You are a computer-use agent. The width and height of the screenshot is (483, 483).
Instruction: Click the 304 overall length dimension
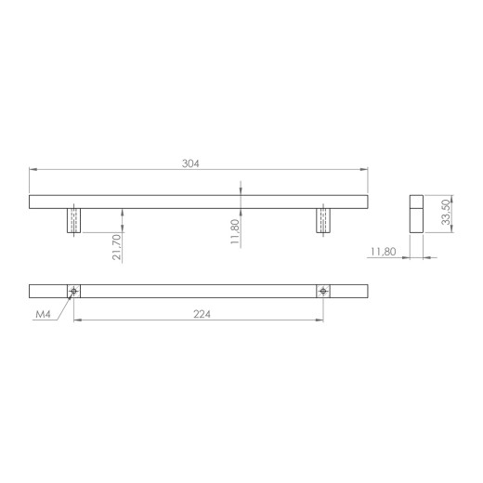point(190,163)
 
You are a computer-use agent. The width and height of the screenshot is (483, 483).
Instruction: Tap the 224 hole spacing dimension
point(202,314)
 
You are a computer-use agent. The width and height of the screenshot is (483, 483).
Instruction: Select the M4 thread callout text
point(43,315)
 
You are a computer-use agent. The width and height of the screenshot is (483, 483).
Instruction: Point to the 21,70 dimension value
point(117,247)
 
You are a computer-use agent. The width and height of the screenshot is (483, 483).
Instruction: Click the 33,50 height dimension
point(446,212)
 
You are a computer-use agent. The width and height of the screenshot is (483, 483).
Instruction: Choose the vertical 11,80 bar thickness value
point(235,231)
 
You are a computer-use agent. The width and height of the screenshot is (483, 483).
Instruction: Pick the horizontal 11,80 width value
point(384,252)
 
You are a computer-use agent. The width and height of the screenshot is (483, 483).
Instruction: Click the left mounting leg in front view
point(74,220)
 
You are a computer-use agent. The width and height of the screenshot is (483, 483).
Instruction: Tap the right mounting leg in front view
point(323,220)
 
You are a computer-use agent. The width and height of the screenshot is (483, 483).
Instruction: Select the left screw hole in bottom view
point(73,291)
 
